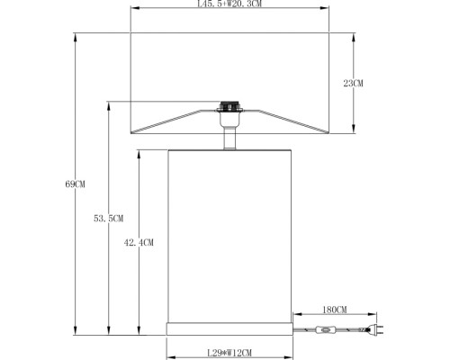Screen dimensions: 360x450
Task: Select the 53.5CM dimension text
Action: point(107,219)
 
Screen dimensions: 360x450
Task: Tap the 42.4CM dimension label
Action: point(139,242)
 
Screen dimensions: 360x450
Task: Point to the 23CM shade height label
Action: point(354,83)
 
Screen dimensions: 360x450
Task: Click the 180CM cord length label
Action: point(335,310)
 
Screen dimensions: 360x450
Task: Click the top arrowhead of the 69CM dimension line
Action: point(75,37)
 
